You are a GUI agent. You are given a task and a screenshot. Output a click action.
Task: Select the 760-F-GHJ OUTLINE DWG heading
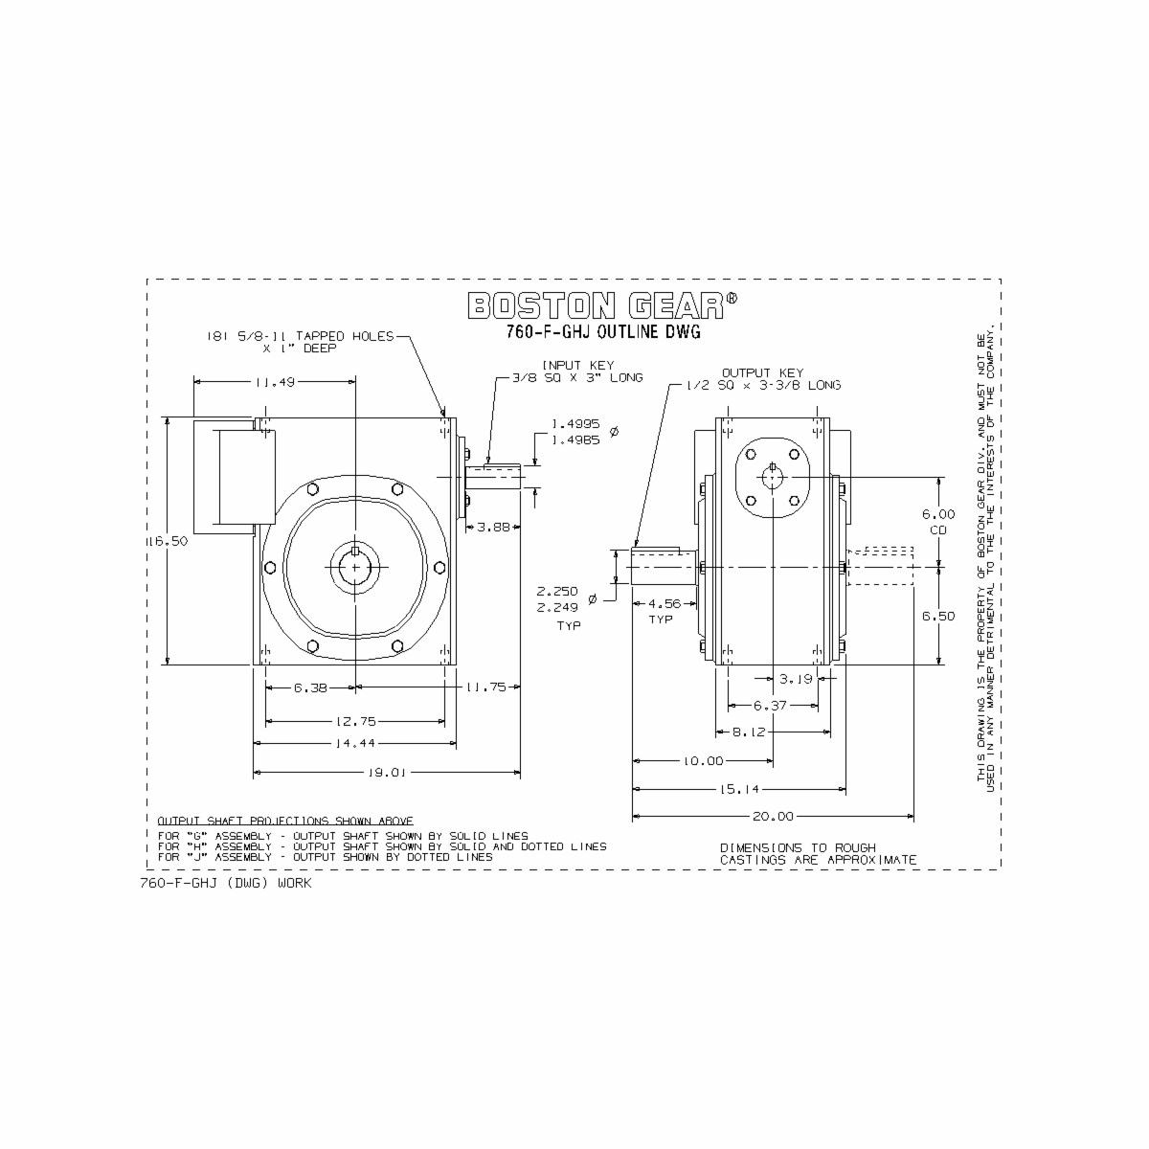[x=603, y=332]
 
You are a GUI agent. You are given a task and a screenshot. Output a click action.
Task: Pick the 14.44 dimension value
[x=354, y=743]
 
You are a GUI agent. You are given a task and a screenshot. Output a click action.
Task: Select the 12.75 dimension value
[x=354, y=721]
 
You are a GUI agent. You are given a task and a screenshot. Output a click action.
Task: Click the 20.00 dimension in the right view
[x=773, y=817]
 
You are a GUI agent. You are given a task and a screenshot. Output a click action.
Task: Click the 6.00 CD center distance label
[x=937, y=522]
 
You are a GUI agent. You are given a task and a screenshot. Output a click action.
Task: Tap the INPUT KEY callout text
[x=578, y=372]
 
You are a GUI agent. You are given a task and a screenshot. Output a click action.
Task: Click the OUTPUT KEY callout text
[x=762, y=378]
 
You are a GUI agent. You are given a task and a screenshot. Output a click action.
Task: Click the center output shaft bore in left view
[x=355, y=565]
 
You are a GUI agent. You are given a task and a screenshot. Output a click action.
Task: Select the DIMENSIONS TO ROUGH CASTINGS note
[x=818, y=854]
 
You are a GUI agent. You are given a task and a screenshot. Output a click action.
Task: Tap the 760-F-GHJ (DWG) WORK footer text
[x=226, y=884]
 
